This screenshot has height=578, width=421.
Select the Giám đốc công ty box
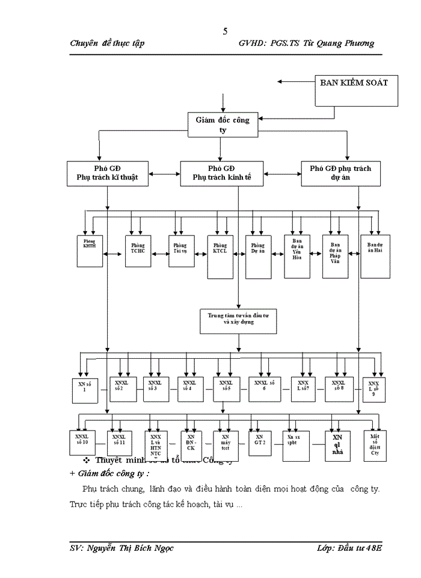(223, 125)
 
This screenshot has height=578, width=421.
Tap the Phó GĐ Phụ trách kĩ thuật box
(107, 173)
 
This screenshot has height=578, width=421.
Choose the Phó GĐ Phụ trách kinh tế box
(221, 173)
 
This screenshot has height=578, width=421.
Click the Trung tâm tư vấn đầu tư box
(238, 320)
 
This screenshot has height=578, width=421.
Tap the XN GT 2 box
(259, 444)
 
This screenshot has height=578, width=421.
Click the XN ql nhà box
(337, 446)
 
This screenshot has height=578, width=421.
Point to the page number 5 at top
(225, 31)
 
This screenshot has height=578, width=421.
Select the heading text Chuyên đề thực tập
(107, 43)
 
